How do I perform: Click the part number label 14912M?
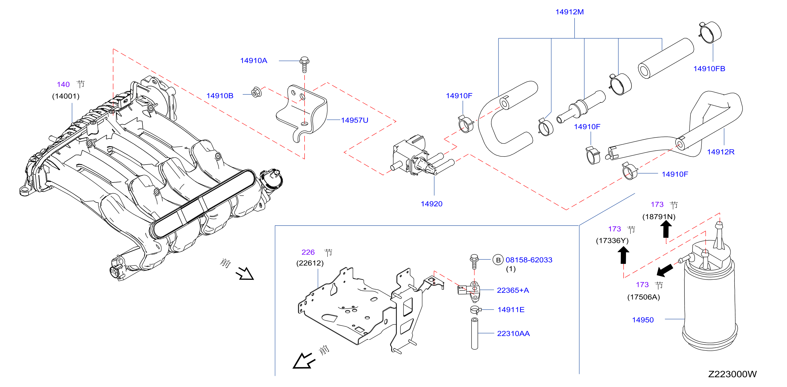click(x=569, y=12)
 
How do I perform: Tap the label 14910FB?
click(x=709, y=69)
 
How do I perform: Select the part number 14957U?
click(x=354, y=120)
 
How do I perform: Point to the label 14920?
click(x=431, y=204)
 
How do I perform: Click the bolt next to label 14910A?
click(x=304, y=64)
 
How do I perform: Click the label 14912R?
click(x=721, y=152)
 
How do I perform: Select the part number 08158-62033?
click(x=529, y=260)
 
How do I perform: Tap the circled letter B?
click(x=498, y=260)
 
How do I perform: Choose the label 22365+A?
click(x=513, y=290)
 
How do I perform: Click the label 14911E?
click(x=511, y=310)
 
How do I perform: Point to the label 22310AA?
click(x=513, y=334)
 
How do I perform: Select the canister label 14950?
click(x=643, y=320)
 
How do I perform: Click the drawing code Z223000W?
click(x=732, y=374)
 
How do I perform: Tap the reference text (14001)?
click(x=66, y=96)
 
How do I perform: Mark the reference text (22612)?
click(x=310, y=263)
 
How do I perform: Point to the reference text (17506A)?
click(x=643, y=297)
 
